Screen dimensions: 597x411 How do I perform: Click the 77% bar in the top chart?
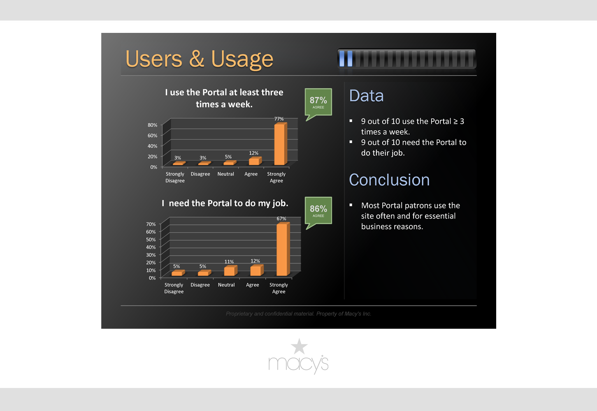(x=281, y=144)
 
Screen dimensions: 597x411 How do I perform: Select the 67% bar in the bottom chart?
(x=283, y=249)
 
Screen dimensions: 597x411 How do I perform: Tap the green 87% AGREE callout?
(x=318, y=103)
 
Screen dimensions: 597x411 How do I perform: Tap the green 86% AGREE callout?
(x=318, y=212)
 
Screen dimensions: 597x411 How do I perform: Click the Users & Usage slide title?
(x=200, y=59)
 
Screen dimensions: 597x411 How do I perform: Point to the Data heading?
(x=366, y=96)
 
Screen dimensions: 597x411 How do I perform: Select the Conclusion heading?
(x=389, y=180)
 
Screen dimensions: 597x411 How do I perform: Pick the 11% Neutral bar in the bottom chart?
(x=230, y=270)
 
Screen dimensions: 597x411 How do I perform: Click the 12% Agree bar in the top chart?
(x=255, y=161)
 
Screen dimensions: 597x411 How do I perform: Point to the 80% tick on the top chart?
(x=153, y=125)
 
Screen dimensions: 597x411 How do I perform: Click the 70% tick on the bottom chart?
(x=151, y=224)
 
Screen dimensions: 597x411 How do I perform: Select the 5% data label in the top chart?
(x=228, y=157)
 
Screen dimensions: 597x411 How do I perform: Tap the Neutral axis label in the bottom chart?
(x=226, y=285)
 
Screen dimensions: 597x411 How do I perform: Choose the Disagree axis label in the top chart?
(x=200, y=174)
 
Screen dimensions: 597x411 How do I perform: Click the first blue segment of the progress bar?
(x=341, y=58)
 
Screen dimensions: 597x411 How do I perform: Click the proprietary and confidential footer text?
(x=299, y=314)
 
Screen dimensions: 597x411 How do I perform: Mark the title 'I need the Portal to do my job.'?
(x=225, y=203)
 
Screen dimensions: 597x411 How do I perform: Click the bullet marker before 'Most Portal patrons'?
(x=351, y=205)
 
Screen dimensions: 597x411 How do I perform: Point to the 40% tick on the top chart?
(x=153, y=146)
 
